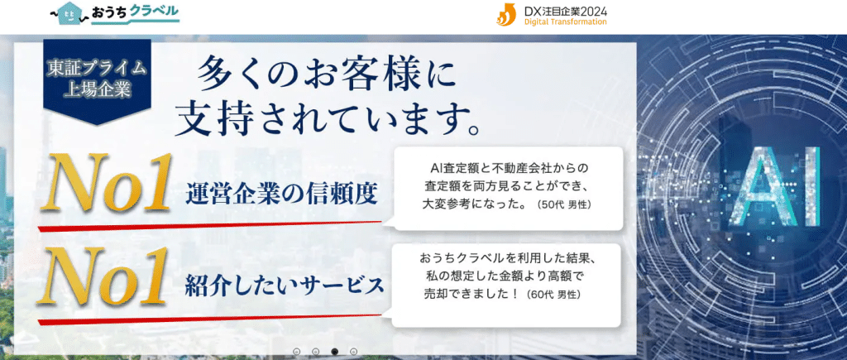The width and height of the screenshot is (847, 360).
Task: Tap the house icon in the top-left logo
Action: pos(66,13)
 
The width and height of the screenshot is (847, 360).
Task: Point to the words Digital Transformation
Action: pos(565,22)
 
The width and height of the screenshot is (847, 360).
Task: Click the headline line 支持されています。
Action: pos(329,122)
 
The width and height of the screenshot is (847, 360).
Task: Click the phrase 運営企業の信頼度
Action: pos(282,193)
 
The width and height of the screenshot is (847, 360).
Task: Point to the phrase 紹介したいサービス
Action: pos(285,286)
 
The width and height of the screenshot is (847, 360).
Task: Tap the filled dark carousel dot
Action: pos(335,352)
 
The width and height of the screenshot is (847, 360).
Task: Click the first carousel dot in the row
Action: pos(296,352)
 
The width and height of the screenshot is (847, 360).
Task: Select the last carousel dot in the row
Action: pos(354,352)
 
